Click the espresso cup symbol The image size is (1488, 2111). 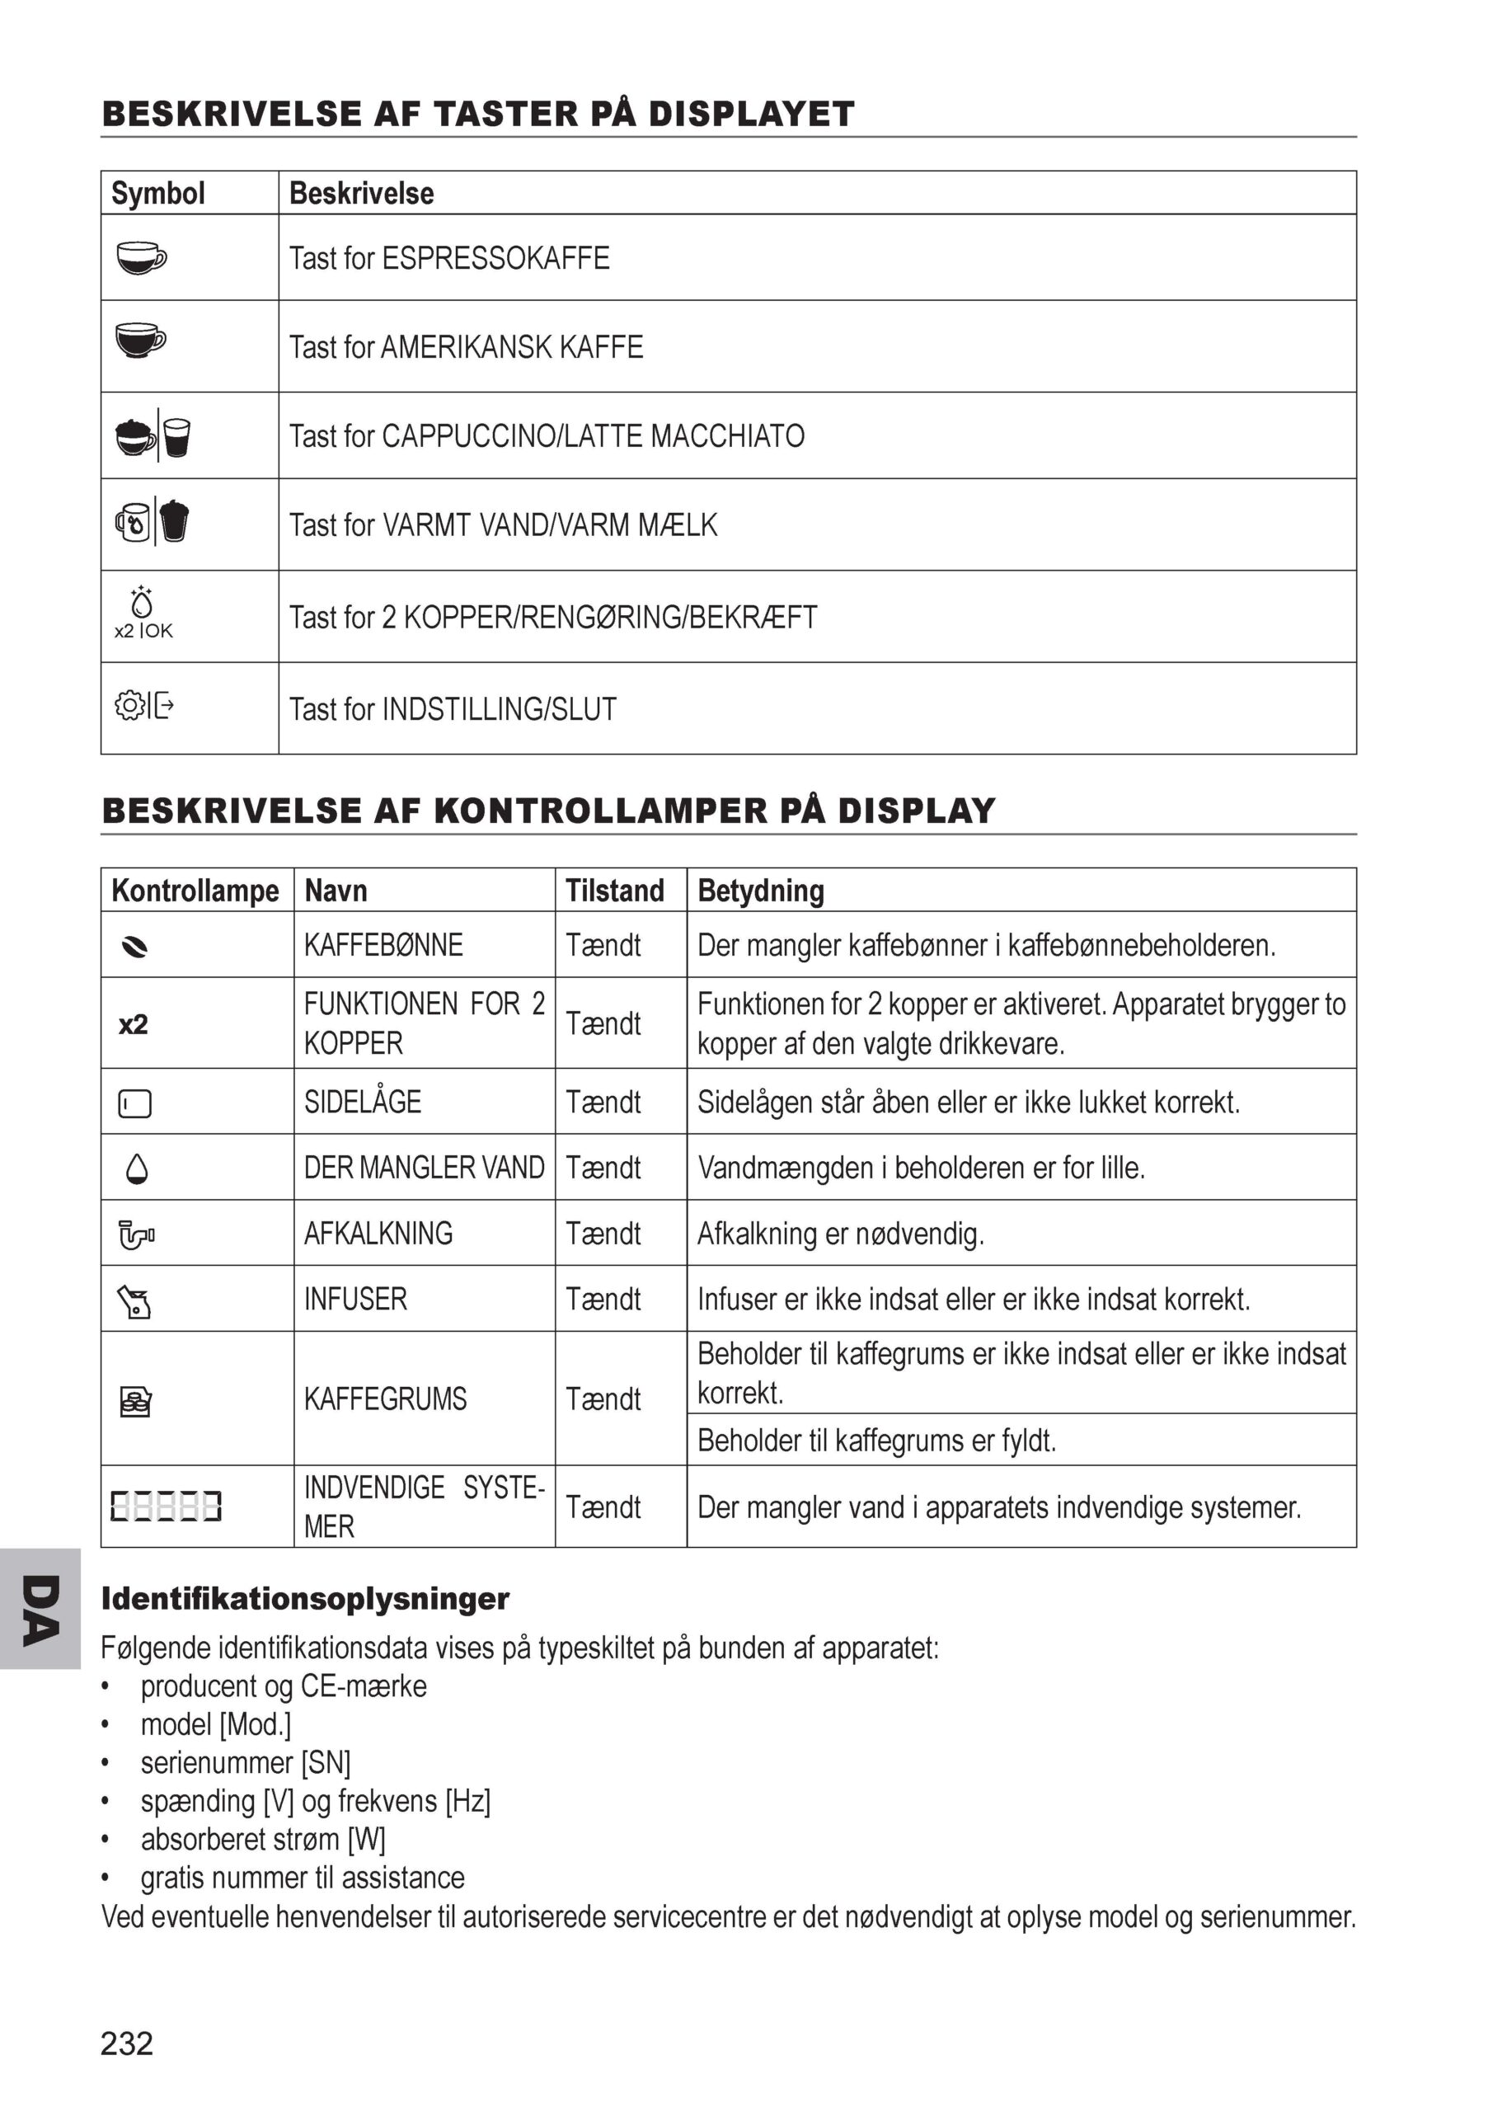[x=142, y=257]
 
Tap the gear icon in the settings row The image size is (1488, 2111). [x=129, y=705]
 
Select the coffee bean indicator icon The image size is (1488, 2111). [x=135, y=947]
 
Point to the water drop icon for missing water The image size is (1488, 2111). [x=137, y=1168]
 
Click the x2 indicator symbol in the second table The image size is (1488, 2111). [x=134, y=1024]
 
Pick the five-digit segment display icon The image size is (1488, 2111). [x=167, y=1506]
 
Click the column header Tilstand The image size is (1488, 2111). [x=614, y=890]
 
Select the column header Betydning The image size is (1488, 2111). [x=760, y=890]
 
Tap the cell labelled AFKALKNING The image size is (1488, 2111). [x=378, y=1233]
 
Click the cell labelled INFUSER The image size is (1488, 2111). [x=354, y=1299]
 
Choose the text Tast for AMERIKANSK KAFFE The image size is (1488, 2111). [x=466, y=347]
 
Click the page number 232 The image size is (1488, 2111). [x=127, y=2043]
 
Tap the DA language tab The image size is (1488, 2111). [x=40, y=1609]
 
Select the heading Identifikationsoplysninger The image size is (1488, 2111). [x=305, y=1599]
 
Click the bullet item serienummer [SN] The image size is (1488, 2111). [x=246, y=1762]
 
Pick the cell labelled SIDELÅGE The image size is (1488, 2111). [x=362, y=1102]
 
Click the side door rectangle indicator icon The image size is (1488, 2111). [x=135, y=1103]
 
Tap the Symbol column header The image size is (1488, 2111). [x=158, y=193]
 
